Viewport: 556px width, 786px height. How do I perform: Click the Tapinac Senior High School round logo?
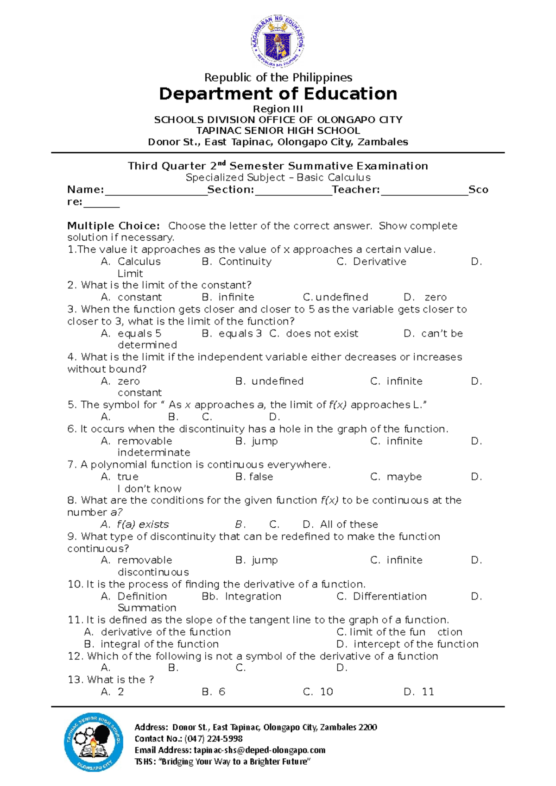click(94, 742)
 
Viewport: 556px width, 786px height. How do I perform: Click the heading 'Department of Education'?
click(278, 94)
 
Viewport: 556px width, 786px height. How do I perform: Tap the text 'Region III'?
click(278, 109)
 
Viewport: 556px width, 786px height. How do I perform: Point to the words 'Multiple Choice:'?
click(114, 226)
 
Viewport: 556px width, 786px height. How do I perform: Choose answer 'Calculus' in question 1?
click(139, 262)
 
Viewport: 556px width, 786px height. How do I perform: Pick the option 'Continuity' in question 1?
click(245, 262)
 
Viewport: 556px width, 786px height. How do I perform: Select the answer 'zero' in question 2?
click(436, 297)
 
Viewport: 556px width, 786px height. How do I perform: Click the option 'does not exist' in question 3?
click(322, 333)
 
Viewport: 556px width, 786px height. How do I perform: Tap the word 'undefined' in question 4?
click(277, 381)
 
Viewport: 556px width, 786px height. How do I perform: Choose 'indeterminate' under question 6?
click(154, 453)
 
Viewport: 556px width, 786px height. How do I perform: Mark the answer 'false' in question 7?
click(261, 477)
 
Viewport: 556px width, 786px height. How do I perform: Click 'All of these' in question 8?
click(349, 524)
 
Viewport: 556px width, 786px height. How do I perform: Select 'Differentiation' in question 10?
click(390, 596)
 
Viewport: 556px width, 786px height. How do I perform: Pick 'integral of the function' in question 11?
click(159, 644)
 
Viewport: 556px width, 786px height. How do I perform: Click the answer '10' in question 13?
click(326, 692)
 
